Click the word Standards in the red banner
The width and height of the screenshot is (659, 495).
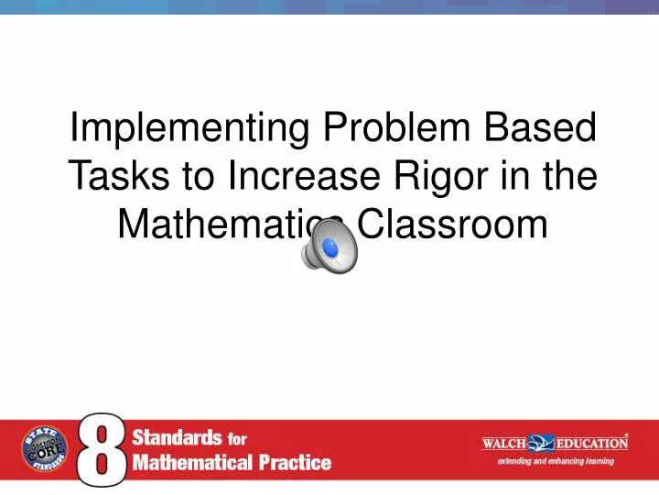pyautogui.click(x=177, y=438)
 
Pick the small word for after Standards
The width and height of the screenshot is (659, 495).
pyautogui.click(x=237, y=439)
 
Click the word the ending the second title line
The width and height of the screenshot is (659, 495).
pyautogui.click(x=567, y=175)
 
